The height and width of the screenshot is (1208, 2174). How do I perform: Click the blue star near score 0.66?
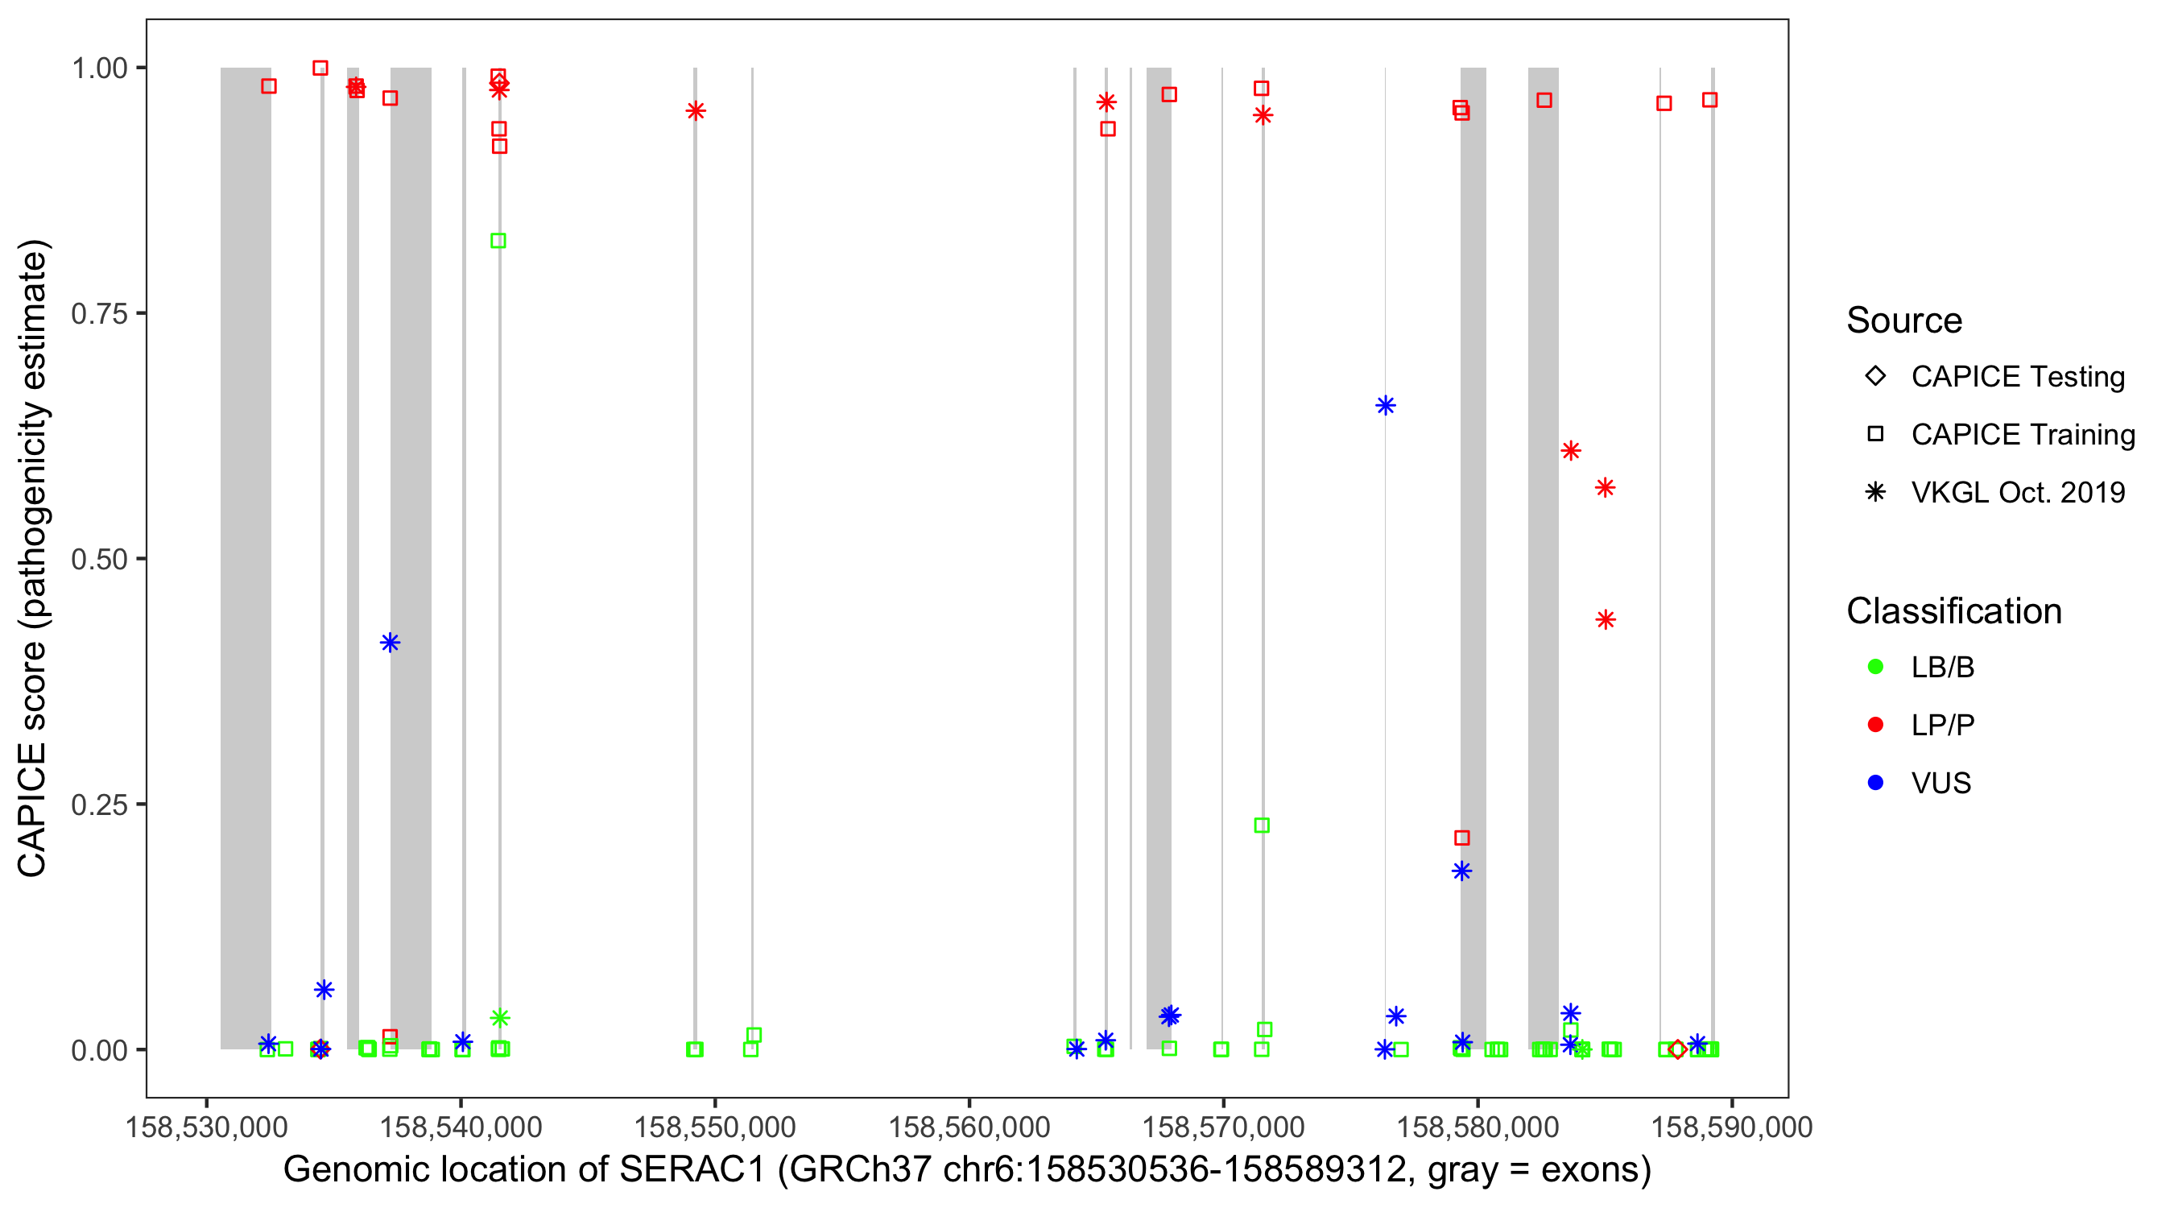(1385, 405)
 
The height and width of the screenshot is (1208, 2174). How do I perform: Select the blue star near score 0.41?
(389, 643)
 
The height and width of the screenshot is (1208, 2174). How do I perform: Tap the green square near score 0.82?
(498, 241)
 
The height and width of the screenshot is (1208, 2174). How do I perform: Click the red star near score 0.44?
(1606, 619)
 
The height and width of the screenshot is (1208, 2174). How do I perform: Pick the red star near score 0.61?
(1570, 451)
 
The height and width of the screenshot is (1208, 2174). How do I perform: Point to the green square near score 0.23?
(1261, 825)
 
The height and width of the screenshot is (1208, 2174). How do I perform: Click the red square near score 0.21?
(1461, 838)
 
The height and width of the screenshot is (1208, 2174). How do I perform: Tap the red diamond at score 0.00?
(1677, 1049)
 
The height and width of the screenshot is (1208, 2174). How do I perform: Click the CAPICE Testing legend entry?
(2017, 377)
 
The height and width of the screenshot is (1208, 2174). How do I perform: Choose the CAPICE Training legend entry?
(2022, 435)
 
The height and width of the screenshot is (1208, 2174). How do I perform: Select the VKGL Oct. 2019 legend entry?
(2017, 492)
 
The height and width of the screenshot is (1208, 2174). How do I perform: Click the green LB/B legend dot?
(1875, 667)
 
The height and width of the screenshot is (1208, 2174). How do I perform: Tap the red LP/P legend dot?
(1875, 725)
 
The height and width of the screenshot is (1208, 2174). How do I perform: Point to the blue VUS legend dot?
(1875, 783)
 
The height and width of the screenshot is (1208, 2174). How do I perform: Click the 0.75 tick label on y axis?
(99, 314)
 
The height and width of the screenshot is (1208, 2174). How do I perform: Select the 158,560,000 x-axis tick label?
(969, 1127)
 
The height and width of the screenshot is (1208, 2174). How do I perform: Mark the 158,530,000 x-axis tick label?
(206, 1127)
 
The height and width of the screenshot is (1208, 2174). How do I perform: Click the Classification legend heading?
(1953, 611)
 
